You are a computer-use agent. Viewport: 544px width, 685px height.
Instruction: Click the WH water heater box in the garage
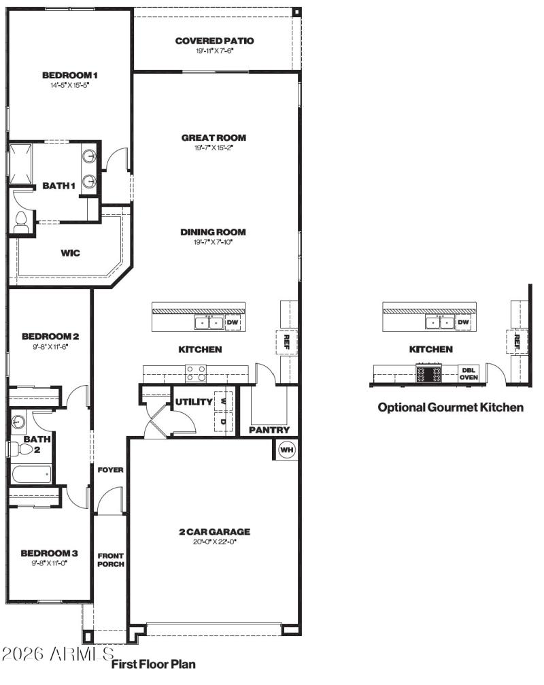286,450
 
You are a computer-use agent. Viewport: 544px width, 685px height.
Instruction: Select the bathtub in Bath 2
31,474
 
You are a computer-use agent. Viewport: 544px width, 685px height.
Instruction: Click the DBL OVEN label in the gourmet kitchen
469,373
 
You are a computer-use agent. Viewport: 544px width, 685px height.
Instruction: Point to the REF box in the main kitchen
286,341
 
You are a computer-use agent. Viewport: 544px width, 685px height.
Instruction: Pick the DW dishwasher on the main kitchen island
233,322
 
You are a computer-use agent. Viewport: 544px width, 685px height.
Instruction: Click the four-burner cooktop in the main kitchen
197,373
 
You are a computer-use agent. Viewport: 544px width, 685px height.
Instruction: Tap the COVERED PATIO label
214,41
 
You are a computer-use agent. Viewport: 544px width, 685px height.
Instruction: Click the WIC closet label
70,253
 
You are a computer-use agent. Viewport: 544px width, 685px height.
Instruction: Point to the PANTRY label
269,430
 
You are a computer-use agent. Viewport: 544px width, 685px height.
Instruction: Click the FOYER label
110,469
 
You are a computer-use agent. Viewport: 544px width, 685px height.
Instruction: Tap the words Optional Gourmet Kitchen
450,407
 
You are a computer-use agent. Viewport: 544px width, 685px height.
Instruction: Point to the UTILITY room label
194,402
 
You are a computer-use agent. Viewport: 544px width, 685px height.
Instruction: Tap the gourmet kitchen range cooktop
428,373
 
